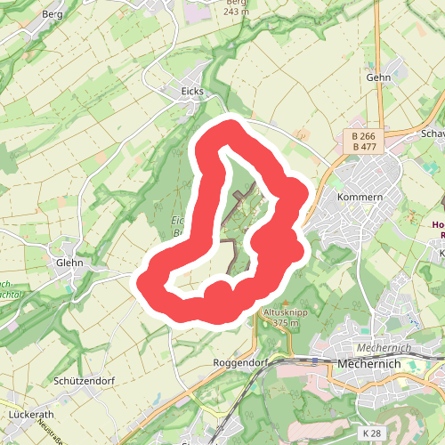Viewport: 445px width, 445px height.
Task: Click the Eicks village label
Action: coord(191,92)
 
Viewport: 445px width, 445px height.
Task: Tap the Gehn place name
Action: coord(379,78)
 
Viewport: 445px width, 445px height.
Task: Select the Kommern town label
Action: coord(360,196)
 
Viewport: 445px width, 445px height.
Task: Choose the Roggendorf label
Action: coord(241,363)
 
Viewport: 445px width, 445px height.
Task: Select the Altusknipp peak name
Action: coord(283,313)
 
